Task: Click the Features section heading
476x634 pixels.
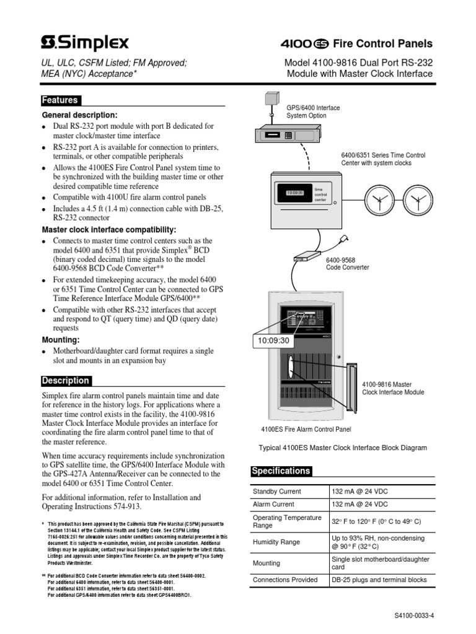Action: tap(59, 100)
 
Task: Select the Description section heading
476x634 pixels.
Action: tap(65, 381)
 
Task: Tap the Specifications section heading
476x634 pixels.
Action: tap(280, 471)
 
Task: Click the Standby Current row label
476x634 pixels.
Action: tap(276, 492)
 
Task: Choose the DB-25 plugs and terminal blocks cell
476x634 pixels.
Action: tap(379, 580)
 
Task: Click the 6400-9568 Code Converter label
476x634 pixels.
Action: tap(348, 264)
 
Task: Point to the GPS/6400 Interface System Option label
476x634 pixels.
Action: tap(312, 111)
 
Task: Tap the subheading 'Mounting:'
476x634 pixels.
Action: tap(61, 340)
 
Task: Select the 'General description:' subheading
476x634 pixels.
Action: tap(79, 115)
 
